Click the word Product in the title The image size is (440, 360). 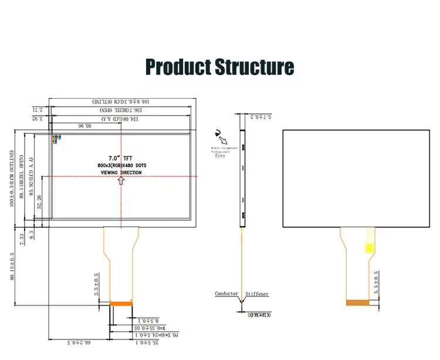coord(177,66)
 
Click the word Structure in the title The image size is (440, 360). coord(253,66)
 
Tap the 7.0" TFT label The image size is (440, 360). coord(121,157)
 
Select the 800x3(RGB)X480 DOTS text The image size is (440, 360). coord(122,166)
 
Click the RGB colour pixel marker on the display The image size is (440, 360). coord(56,139)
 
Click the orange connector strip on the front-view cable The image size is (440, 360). coord(122,304)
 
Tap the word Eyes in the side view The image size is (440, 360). coord(220,156)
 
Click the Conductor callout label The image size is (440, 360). coord(226,293)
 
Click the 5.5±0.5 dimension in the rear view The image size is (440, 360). coord(376,283)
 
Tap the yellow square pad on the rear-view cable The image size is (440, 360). coord(369,248)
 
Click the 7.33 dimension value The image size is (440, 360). coord(22,238)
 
